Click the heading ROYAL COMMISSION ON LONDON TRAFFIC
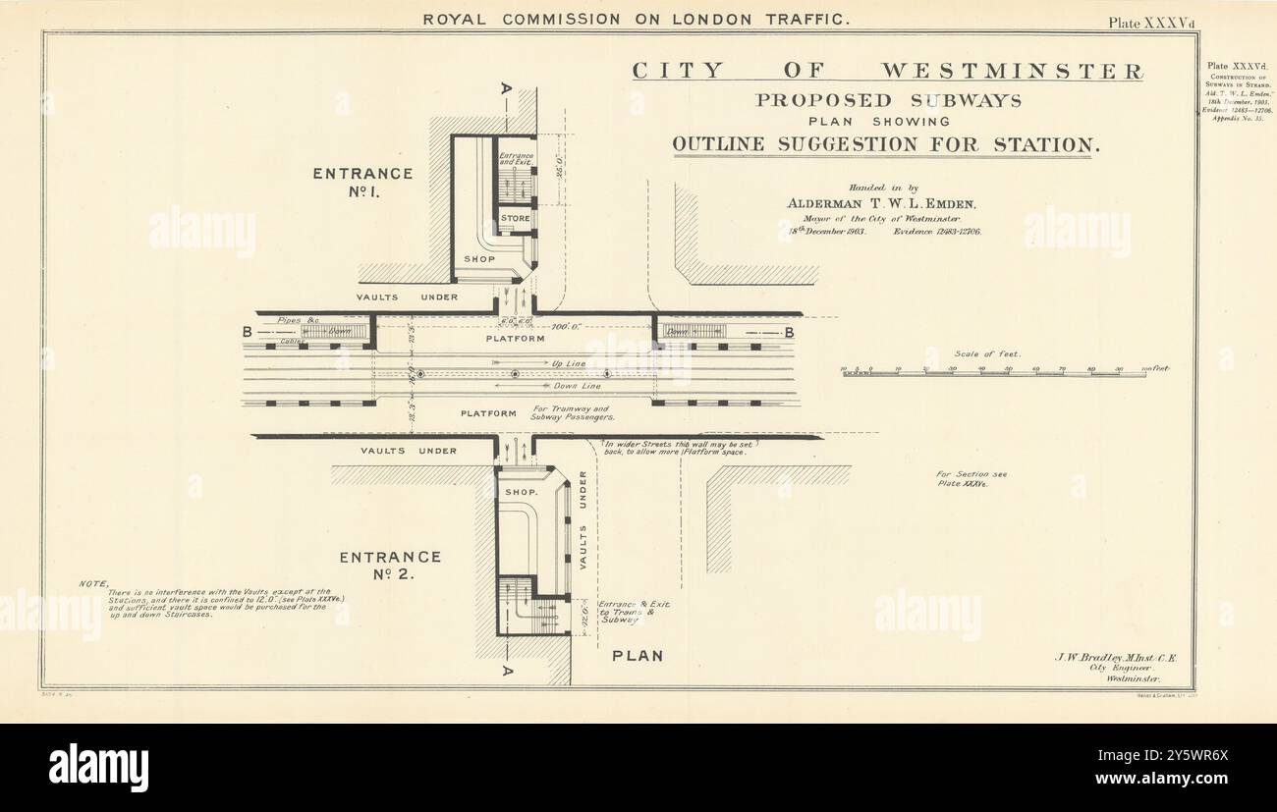click(637, 19)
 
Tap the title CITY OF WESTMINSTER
click(887, 71)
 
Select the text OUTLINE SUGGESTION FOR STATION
click(881, 145)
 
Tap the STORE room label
click(515, 218)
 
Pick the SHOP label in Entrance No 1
click(479, 259)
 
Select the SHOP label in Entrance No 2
click(521, 491)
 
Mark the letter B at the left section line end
click(247, 333)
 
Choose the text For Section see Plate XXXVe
click(972, 479)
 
